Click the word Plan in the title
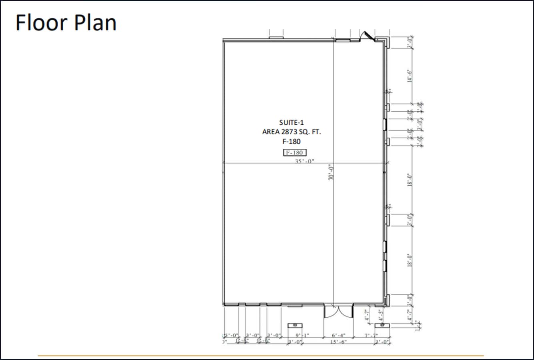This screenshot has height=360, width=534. (x=95, y=23)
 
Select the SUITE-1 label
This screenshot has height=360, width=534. (x=291, y=122)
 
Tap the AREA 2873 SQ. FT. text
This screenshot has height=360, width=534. (x=291, y=132)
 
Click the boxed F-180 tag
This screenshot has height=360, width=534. (x=295, y=152)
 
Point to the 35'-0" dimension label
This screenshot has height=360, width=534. (x=305, y=161)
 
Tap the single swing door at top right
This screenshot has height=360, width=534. (x=366, y=36)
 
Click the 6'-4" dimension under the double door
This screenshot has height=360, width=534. (x=338, y=335)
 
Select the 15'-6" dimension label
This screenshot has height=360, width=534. (x=338, y=342)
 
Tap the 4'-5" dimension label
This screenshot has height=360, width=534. (x=381, y=315)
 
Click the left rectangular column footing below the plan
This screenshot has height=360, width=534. (x=295, y=325)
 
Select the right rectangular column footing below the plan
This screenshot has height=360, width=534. (x=382, y=325)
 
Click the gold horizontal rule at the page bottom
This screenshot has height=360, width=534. (x=261, y=355)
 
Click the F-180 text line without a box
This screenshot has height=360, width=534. (x=291, y=141)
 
